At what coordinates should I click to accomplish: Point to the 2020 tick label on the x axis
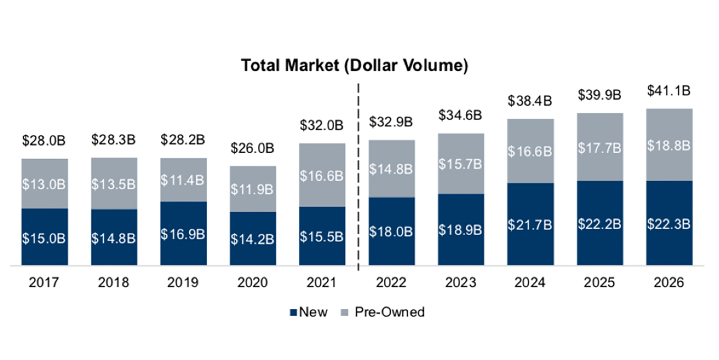[x=252, y=283]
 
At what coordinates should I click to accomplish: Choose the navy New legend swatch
[x=293, y=312]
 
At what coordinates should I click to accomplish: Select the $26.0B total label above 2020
[x=252, y=149]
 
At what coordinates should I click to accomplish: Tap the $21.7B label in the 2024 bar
[x=530, y=225]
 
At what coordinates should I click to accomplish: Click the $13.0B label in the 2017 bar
[x=44, y=184]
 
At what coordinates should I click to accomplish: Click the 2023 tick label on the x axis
[x=460, y=283]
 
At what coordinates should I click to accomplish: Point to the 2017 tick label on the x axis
[x=44, y=283]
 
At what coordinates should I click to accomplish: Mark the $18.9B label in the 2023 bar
[x=460, y=230]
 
